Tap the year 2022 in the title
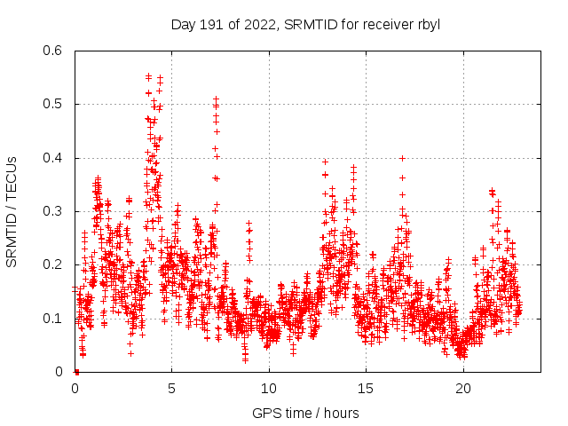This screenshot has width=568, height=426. [x=253, y=24]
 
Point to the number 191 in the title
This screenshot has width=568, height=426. [x=213, y=24]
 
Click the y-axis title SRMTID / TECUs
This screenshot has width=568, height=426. [x=12, y=211]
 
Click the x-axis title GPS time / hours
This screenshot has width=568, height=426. [x=305, y=413]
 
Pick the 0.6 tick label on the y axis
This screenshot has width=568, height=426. [x=53, y=51]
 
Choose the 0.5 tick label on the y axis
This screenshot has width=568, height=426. [x=53, y=104]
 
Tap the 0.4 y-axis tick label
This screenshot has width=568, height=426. [x=53, y=158]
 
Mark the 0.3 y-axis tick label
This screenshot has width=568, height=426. [x=53, y=211]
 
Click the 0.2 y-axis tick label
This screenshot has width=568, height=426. [x=53, y=264]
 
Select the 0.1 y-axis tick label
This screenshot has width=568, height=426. [x=53, y=318]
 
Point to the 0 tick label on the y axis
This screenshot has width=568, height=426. [x=59, y=372]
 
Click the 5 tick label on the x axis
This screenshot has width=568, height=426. [x=171, y=389]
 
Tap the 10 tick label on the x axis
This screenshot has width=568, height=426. [x=269, y=389]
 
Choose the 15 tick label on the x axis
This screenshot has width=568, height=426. [x=366, y=389]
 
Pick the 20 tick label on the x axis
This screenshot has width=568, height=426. [x=463, y=389]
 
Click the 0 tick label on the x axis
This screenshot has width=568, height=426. [x=75, y=389]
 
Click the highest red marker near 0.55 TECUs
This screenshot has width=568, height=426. [x=148, y=76]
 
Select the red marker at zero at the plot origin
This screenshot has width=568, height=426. [x=76, y=372]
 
